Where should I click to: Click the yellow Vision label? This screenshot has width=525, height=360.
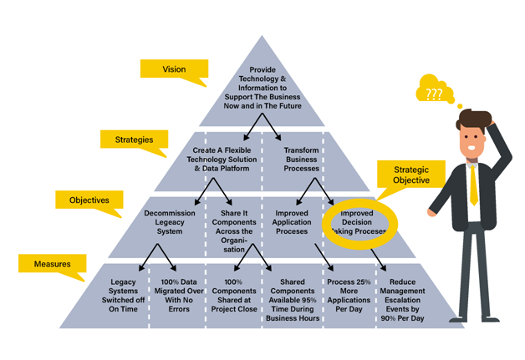(173, 70)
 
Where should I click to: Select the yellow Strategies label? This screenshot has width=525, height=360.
(134, 140)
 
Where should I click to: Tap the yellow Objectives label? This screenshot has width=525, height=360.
(89, 200)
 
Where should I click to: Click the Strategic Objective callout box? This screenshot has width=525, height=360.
(411, 174)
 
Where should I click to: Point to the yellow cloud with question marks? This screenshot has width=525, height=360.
(435, 93)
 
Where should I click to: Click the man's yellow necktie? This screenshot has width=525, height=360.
(474, 185)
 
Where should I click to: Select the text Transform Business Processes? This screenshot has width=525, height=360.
(301, 159)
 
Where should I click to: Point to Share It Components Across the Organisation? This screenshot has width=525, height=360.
(235, 231)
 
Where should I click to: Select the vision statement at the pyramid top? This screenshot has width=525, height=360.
(262, 88)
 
